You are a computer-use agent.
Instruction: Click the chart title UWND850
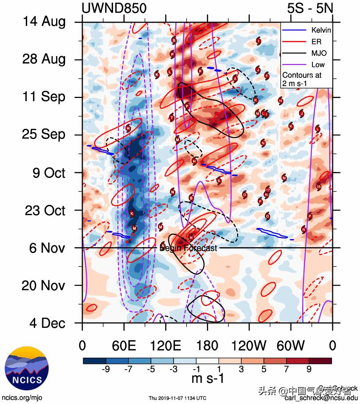tap(114, 8)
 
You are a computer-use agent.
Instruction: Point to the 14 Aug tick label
tap(44, 22)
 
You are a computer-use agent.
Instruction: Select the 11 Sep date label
tap(44, 97)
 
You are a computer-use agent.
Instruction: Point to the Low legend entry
tap(317, 65)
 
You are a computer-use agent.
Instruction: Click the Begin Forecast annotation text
tap(188, 248)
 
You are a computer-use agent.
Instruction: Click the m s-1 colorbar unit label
tap(207, 379)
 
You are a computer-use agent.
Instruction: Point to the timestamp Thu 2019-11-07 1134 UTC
tap(177, 398)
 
